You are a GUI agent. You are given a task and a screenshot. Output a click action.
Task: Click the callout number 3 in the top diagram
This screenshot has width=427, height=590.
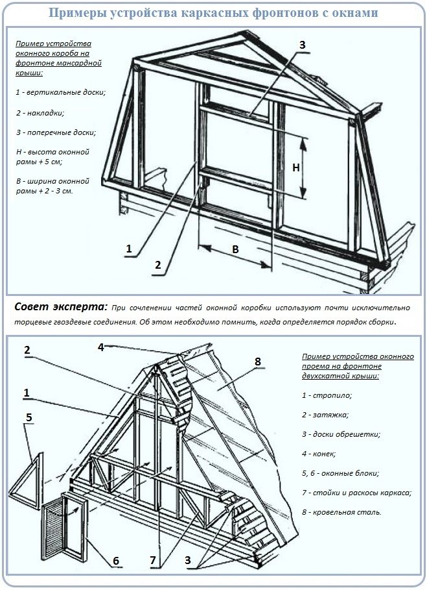(x=301, y=45)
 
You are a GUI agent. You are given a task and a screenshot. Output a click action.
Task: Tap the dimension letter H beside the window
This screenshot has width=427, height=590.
(x=295, y=167)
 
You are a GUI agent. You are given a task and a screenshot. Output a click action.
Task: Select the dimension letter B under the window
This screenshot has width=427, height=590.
(x=235, y=249)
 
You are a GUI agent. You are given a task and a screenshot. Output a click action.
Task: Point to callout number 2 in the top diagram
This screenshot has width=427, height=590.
(x=157, y=264)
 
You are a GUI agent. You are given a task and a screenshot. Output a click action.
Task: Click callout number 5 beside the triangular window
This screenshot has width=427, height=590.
(x=28, y=417)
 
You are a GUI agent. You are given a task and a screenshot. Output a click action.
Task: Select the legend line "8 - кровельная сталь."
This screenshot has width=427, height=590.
(x=341, y=511)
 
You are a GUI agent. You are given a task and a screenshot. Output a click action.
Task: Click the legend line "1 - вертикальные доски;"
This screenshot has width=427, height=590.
(x=60, y=92)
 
